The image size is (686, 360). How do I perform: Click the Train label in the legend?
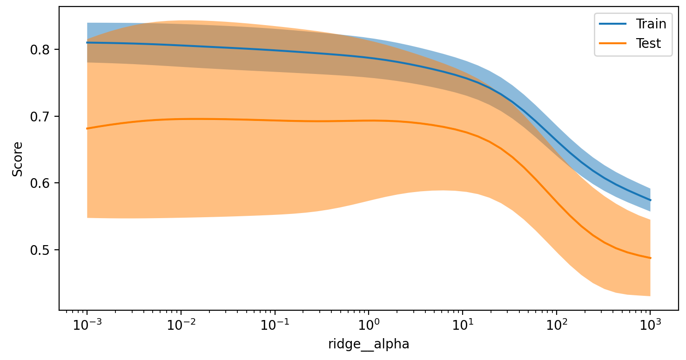click(651, 24)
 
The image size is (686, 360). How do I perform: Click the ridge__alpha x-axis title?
click(369, 345)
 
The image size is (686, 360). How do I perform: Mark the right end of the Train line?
click(650, 200)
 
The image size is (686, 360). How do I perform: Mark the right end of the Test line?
click(650, 258)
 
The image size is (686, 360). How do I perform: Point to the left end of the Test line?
click(87, 128)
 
